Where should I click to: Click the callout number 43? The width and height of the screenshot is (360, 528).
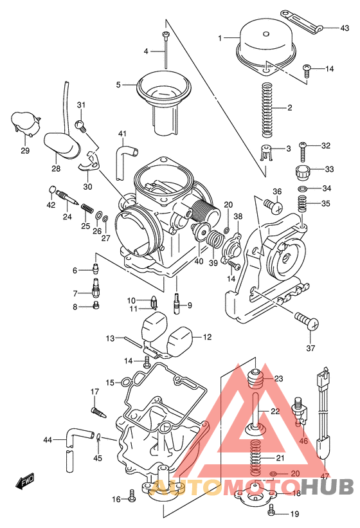pyautogui.click(x=345, y=28)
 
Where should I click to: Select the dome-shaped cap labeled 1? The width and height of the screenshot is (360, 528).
pyautogui.click(x=265, y=43)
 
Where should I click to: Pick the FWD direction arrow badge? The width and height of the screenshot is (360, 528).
pyautogui.click(x=26, y=480)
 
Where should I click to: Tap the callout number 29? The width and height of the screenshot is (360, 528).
pyautogui.click(x=25, y=150)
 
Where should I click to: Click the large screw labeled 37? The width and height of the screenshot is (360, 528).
pyautogui.click(x=306, y=321)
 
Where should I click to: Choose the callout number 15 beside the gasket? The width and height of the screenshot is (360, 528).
pyautogui.click(x=111, y=383)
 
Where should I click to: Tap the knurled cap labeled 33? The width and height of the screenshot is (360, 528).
pyautogui.click(x=303, y=172)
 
